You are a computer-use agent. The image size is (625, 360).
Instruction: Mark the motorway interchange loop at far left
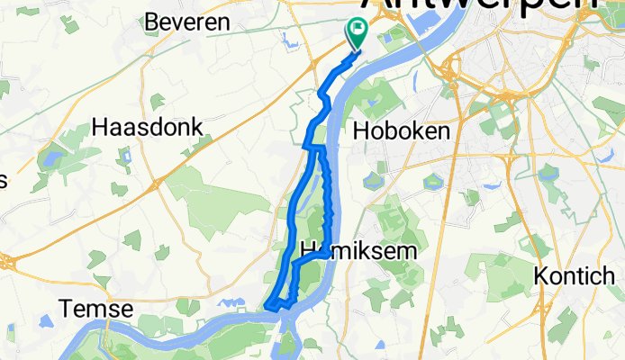[7, 262]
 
